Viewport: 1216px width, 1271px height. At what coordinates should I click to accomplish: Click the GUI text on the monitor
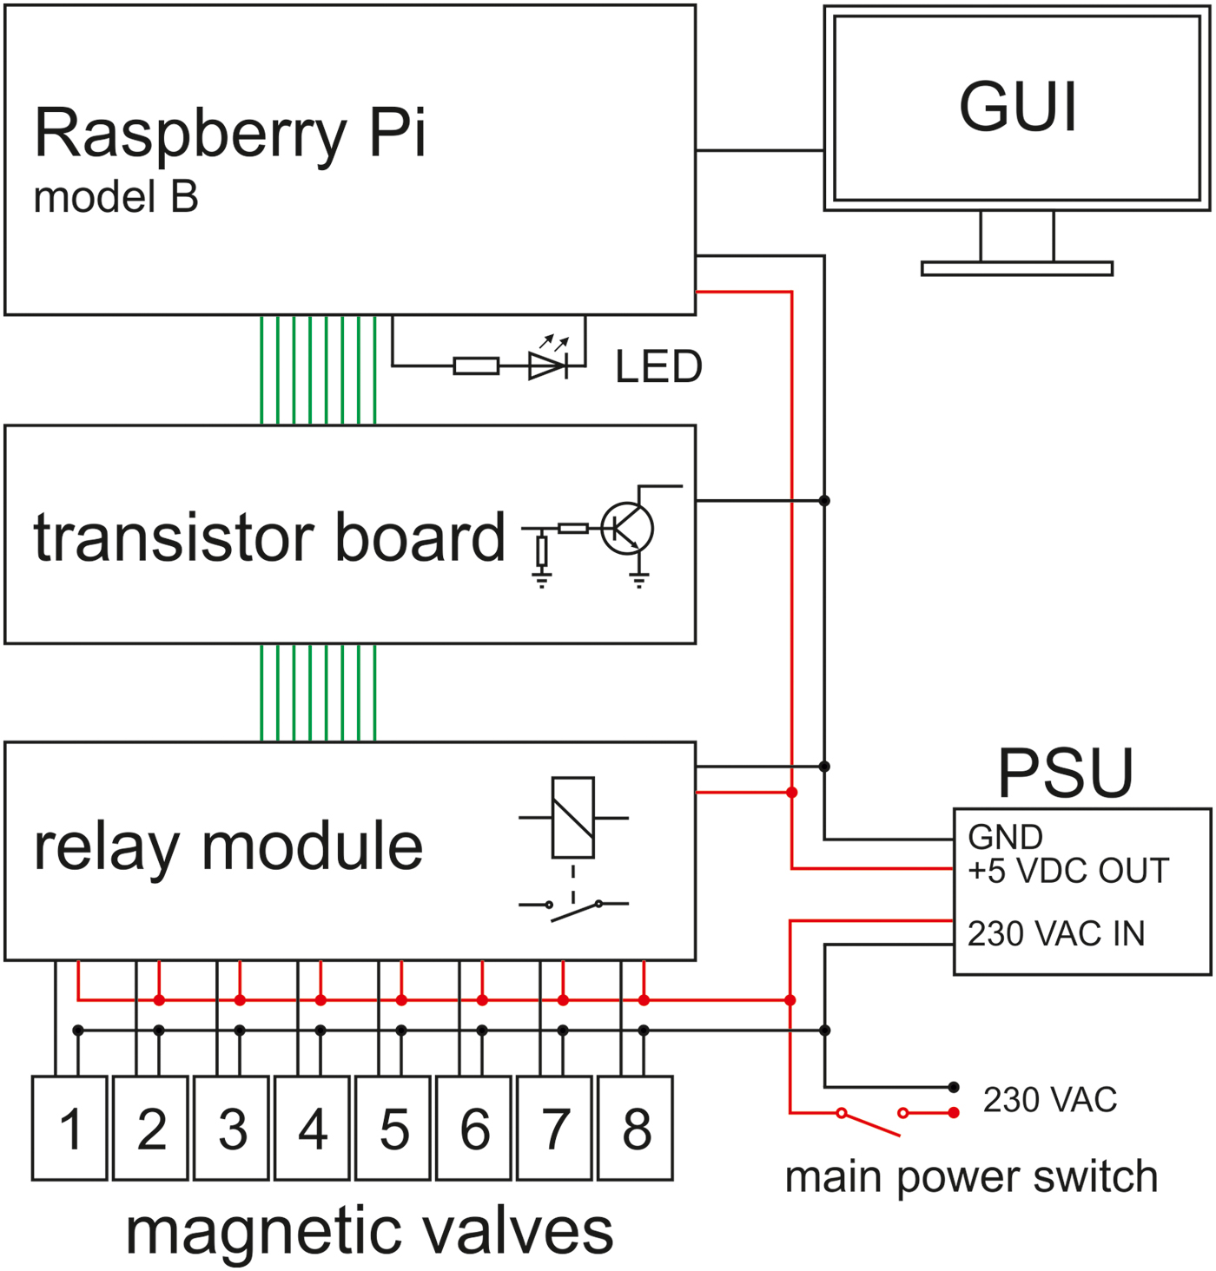coord(1018,107)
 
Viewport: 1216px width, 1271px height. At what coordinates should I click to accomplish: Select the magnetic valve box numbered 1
coord(70,1128)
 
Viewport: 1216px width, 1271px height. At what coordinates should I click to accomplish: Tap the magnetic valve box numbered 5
coord(393,1128)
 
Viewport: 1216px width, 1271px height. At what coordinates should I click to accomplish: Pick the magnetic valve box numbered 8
coord(636,1128)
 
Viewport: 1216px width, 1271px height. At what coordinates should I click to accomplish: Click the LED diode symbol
coord(548,365)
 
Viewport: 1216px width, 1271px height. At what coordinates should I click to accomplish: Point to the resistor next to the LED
coord(476,366)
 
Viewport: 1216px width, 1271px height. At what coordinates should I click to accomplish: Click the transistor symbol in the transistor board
coord(627,528)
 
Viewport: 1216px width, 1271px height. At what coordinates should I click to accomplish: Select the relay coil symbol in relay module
coord(573,818)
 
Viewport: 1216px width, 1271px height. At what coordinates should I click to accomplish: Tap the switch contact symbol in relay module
coord(573,908)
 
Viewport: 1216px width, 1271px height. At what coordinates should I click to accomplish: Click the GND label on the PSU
coord(1005,837)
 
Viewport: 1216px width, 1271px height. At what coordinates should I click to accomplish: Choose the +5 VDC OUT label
coord(1068,871)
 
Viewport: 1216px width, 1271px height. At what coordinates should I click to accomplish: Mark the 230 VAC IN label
coord(1056,934)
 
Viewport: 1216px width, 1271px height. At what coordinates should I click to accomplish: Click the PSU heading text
coord(1066,773)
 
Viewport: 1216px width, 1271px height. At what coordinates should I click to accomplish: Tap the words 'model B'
coord(116,197)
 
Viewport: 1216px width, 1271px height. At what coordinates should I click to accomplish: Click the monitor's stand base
coord(1017,268)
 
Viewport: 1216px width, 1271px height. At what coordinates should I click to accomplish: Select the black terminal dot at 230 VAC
coord(954,1087)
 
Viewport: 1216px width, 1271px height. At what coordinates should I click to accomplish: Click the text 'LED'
coord(658,366)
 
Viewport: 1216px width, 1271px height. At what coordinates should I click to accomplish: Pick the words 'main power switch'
coord(971,1177)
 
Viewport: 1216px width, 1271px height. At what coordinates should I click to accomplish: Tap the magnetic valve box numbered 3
coord(232,1128)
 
